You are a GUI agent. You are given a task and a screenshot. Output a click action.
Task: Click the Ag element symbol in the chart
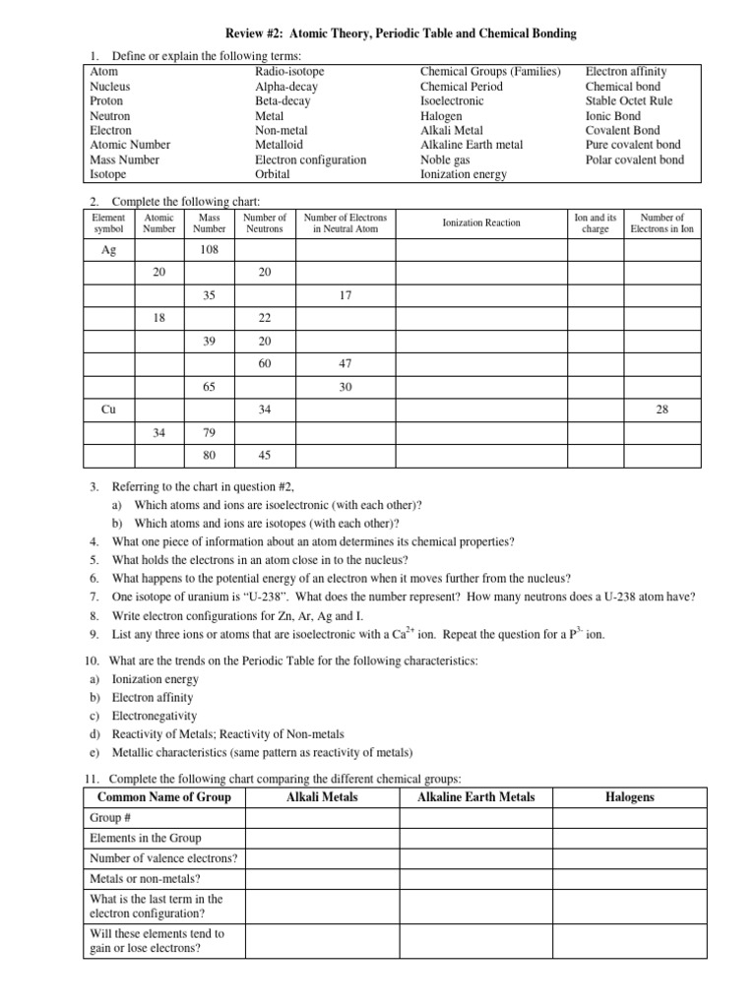pos(108,250)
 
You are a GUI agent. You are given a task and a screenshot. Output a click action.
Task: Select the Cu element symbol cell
pos(108,409)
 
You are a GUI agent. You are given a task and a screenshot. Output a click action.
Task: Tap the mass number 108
pos(209,250)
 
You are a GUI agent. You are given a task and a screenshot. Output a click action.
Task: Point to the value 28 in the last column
pos(661,409)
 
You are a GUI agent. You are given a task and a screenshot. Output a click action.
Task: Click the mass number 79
pos(209,431)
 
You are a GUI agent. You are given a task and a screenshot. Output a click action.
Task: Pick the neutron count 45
pos(265,455)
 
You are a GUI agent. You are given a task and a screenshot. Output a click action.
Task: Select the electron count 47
pos(345,363)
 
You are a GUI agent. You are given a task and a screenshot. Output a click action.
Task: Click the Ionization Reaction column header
pos(481,223)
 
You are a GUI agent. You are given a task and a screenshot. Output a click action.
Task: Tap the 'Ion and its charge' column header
pos(595,223)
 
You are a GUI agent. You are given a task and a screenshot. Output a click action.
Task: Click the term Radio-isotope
pos(289,72)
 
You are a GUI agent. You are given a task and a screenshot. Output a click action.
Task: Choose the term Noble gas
pos(444,159)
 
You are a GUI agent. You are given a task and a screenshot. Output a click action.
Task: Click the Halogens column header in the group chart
pos(629,796)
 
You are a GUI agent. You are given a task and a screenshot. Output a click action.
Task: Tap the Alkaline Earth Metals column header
pos(476,796)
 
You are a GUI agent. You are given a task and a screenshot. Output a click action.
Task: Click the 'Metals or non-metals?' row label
pos(144,878)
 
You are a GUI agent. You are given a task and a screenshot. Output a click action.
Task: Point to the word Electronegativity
pos(155,716)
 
